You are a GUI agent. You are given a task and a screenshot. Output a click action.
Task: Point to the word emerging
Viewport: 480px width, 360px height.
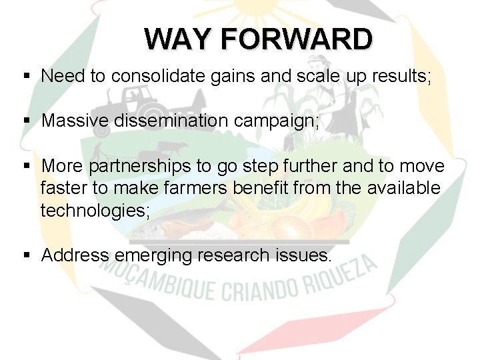(158, 255)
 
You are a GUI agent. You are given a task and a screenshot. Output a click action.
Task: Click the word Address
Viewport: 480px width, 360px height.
(75, 255)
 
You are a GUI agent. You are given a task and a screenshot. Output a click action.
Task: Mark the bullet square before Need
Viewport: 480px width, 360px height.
(25, 77)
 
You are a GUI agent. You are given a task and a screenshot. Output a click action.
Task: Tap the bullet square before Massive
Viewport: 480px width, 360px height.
(25, 121)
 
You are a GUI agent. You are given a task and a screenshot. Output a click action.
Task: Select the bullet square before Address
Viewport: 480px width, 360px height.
(25, 255)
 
